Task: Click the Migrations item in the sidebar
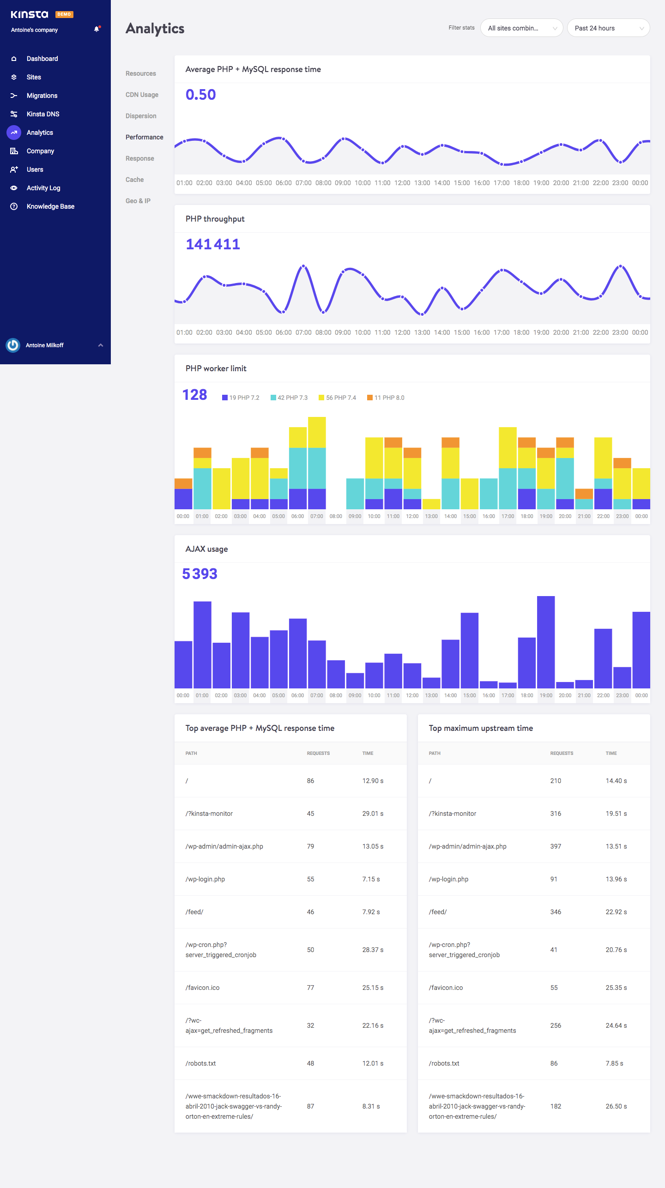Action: tap(42, 96)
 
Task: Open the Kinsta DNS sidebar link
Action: tap(42, 114)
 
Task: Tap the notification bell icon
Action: tap(97, 29)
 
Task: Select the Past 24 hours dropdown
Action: tap(608, 28)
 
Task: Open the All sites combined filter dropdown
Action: tap(521, 28)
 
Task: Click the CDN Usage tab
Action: tap(142, 95)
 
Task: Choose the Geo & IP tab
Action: tap(138, 201)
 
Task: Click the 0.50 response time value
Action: tap(200, 95)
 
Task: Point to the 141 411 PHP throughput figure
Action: tap(212, 244)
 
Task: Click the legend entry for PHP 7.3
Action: tap(289, 398)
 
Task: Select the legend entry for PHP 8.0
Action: tap(386, 398)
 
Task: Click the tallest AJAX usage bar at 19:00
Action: tap(546, 642)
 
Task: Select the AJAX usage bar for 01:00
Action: tap(202, 645)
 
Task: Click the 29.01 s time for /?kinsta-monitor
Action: tap(373, 814)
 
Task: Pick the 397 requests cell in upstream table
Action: tap(556, 846)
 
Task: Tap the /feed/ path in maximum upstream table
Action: tap(437, 912)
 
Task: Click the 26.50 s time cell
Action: tap(616, 1106)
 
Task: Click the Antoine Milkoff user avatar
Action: tap(13, 345)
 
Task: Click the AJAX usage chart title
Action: tap(206, 549)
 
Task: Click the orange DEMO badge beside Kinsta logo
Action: tap(64, 14)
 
